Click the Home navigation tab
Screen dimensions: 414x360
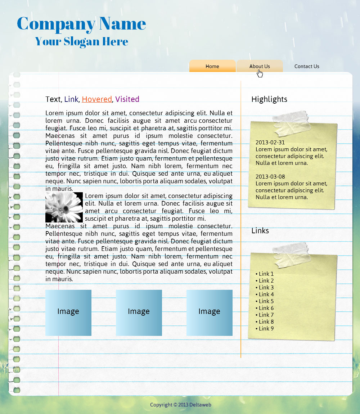pyautogui.click(x=212, y=66)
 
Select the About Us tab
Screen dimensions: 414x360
pyautogui.click(x=260, y=66)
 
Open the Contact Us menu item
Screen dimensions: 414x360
pyautogui.click(x=307, y=66)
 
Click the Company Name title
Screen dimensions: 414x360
pyautogui.click(x=81, y=24)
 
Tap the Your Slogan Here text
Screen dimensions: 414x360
pyautogui.click(x=82, y=41)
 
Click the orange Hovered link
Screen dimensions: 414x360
pyautogui.click(x=97, y=99)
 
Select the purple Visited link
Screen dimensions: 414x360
pyautogui.click(x=127, y=99)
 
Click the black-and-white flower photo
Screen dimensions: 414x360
pyautogui.click(x=64, y=207)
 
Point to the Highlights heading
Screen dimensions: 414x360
pyautogui.click(x=269, y=99)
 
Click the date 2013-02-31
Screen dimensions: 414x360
pyautogui.click(x=270, y=143)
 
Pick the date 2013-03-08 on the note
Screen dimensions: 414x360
pyautogui.click(x=270, y=177)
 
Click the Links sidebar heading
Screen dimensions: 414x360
pyautogui.click(x=260, y=231)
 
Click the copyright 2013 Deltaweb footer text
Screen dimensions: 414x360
pyautogui.click(x=180, y=405)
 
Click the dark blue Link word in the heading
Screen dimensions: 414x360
pyautogui.click(x=71, y=99)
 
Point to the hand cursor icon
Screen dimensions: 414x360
pyautogui.click(x=260, y=73)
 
